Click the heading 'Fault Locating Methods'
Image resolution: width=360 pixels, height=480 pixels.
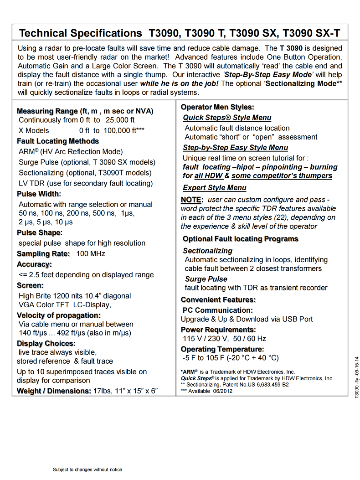(58, 141)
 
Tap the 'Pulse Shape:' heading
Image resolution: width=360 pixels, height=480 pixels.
(39, 233)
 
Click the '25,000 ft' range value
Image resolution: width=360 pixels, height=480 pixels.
(120, 120)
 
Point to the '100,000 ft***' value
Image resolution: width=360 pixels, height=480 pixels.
(123, 130)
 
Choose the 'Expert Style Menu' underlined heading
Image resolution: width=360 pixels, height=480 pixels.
(214, 188)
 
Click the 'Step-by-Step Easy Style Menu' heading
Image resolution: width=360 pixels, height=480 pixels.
(235, 148)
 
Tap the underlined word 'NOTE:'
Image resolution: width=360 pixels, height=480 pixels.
(191, 200)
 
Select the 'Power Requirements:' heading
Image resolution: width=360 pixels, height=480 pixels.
(218, 330)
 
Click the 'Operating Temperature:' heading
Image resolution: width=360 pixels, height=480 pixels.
(222, 349)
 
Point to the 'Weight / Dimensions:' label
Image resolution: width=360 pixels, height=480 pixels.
(54, 391)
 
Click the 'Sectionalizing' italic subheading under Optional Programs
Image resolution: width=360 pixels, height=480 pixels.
(207, 251)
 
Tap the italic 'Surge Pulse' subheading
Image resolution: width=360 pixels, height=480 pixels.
(206, 279)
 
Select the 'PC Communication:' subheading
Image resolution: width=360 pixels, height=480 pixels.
(217, 310)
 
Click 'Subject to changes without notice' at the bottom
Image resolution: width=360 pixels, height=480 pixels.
(87, 470)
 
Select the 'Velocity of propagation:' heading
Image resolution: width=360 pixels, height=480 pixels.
(59, 315)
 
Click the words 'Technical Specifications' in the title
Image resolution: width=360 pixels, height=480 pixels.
(81, 33)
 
